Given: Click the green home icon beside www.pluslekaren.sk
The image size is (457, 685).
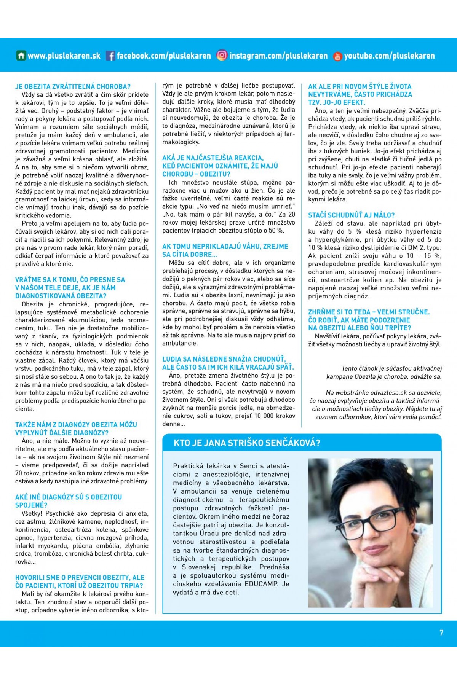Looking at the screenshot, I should (x=21, y=56).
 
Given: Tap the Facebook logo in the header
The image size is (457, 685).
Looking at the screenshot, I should (x=110, y=56).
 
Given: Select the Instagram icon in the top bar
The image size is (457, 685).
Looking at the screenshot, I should (x=222, y=56).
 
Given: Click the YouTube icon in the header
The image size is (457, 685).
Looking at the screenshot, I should (x=337, y=56).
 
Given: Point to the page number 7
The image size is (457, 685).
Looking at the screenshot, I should (x=441, y=632).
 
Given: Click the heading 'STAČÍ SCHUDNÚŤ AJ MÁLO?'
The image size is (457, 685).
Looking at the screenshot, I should (x=351, y=215).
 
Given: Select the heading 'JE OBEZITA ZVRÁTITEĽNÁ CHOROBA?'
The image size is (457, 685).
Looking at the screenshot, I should (x=73, y=86).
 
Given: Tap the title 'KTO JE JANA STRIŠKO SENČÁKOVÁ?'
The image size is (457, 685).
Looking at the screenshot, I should (x=247, y=443).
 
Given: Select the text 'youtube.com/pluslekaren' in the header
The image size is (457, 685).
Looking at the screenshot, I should (x=389, y=56).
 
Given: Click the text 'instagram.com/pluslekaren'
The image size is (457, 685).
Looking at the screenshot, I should (x=278, y=56).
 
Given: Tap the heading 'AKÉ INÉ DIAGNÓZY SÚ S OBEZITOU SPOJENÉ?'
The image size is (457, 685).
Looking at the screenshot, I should (x=69, y=501).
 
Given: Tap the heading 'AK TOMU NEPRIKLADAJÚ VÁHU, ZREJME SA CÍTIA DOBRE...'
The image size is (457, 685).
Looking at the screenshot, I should (x=225, y=250).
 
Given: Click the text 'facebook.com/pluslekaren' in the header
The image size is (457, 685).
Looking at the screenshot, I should (x=163, y=56).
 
